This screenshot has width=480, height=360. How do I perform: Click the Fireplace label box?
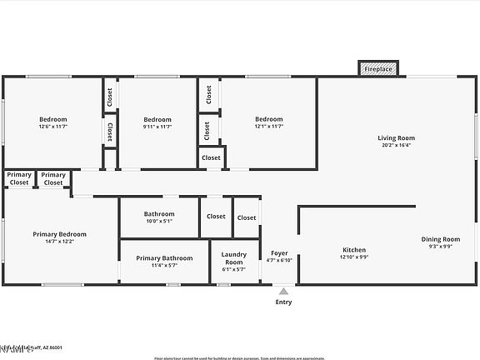coord(378,69)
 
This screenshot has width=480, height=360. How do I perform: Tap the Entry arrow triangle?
coord(283,292)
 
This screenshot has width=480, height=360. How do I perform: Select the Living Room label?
coord(396,138)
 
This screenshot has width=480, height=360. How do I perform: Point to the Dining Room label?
coord(440,239)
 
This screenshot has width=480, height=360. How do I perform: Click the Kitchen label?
coord(354,250)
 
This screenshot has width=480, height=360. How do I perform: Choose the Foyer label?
coord(279,252)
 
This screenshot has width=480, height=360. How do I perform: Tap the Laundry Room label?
coord(233,257)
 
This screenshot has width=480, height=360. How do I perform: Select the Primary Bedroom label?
coord(59,234)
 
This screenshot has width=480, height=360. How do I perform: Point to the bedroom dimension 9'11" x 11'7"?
coord(157,127)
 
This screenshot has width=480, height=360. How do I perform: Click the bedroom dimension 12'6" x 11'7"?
coord(52,127)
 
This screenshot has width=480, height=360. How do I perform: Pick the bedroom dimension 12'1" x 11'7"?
coord(268,127)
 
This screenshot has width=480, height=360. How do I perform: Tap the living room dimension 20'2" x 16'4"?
coord(396,146)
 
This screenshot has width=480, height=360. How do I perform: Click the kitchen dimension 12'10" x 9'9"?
coord(354,257)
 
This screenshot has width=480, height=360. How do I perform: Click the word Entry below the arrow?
coord(283,302)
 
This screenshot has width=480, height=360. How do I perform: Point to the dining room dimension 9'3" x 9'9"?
coord(440,247)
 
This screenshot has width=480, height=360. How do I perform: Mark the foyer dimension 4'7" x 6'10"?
coord(279,260)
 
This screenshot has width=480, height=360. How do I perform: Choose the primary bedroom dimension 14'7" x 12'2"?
coord(59,242)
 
